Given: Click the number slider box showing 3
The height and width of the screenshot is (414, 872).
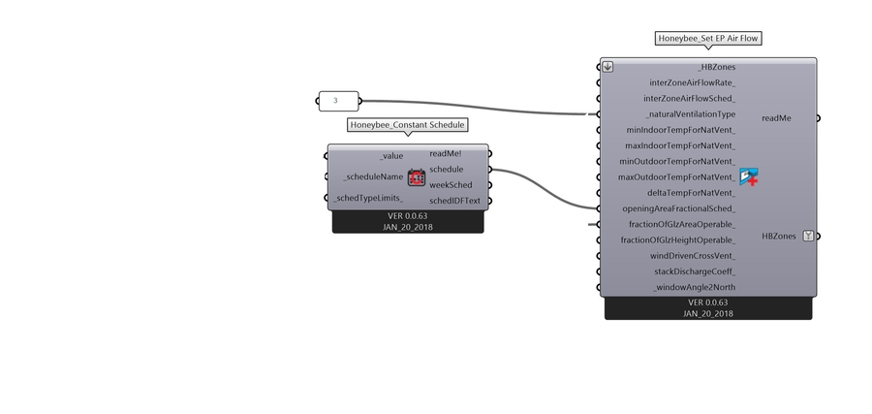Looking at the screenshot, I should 337,100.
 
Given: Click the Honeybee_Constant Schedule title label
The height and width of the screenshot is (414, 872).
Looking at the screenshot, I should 407,125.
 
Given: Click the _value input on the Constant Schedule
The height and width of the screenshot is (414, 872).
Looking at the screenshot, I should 391,155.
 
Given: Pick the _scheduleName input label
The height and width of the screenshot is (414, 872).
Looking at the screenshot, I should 373,176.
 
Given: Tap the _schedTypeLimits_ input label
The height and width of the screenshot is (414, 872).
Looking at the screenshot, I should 369,198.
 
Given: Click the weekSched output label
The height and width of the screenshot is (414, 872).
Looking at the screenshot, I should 451,184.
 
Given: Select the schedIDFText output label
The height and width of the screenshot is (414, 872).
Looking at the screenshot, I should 454,201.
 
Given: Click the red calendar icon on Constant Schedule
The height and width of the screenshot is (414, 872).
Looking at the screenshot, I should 417,176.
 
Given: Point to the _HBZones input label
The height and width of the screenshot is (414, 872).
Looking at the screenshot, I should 716,67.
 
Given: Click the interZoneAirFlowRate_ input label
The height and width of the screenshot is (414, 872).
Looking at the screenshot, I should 692,82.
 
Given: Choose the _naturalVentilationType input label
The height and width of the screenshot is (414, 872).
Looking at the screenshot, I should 691,114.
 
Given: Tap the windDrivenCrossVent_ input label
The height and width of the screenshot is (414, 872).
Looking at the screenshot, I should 693,256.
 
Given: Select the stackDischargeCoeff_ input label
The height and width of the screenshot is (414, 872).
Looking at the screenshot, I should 695,271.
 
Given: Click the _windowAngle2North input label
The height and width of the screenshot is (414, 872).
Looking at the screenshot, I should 694,287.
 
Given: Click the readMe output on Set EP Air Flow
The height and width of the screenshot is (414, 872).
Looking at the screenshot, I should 776,118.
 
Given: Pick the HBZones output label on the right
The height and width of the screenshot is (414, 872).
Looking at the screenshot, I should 779,236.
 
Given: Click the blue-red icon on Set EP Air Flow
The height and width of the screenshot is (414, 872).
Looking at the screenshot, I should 748,176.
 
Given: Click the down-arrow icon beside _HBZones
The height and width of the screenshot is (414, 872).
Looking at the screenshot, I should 607,67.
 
